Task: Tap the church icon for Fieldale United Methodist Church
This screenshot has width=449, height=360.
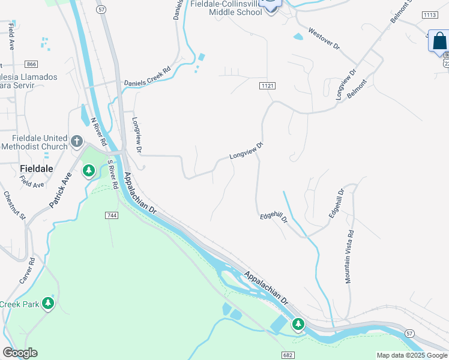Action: (x=76, y=142)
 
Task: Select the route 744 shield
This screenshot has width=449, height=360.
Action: (x=110, y=215)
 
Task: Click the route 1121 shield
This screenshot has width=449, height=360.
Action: (x=268, y=86)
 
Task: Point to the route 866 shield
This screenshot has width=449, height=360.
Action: (x=31, y=64)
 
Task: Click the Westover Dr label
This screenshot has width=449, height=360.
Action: (x=324, y=38)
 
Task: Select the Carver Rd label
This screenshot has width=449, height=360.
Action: (x=27, y=271)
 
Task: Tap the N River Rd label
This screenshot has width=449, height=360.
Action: (x=98, y=131)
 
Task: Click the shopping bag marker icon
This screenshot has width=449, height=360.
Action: (x=439, y=41)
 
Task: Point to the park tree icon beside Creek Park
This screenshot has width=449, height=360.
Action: (x=49, y=304)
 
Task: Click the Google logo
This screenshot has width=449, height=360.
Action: (x=20, y=353)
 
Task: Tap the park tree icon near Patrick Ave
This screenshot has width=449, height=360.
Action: (x=89, y=172)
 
